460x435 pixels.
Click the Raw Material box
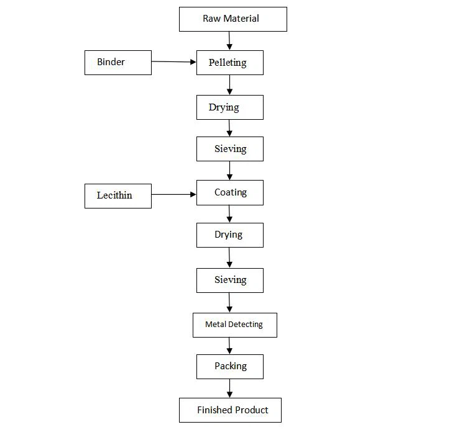pyautogui.click(x=232, y=19)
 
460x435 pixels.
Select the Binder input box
pyautogui.click(x=117, y=63)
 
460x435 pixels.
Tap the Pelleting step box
pyautogui.click(x=229, y=63)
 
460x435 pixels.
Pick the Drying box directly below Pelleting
pyautogui.click(x=229, y=107)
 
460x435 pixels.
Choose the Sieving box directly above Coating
pyautogui.click(x=229, y=149)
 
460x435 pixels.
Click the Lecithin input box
pyautogui.click(x=117, y=195)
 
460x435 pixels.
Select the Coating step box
pyautogui.click(x=229, y=192)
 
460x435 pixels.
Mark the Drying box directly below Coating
pyautogui.click(x=229, y=235)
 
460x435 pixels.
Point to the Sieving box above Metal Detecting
pyautogui.click(x=229, y=280)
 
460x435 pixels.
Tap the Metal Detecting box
pyautogui.click(x=234, y=325)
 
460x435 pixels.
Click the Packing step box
pyautogui.click(x=229, y=366)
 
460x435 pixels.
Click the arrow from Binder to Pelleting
pyautogui.click(x=173, y=61)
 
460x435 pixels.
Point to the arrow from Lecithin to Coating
pyautogui.click(x=173, y=194)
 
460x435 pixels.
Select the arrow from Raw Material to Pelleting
pyautogui.click(x=229, y=41)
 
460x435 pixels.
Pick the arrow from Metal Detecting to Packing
pyautogui.click(x=229, y=346)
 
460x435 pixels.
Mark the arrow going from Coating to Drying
pyautogui.click(x=229, y=213)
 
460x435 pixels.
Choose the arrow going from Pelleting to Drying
pyautogui.click(x=229, y=84)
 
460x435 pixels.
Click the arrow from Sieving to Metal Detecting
pyautogui.click(x=229, y=302)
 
